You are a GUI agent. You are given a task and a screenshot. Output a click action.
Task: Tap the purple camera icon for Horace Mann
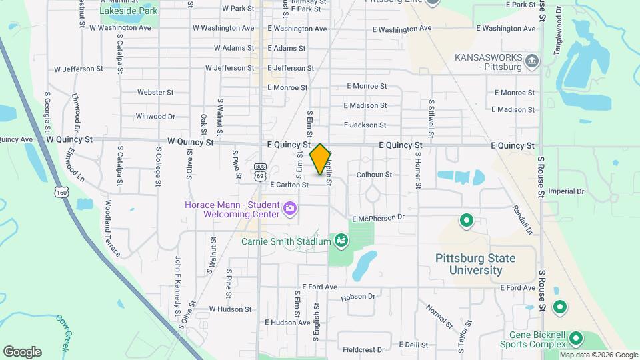[289, 209]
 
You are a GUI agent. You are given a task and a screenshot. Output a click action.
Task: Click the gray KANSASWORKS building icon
[532, 63]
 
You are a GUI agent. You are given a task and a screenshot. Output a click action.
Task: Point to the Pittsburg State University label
[475, 264]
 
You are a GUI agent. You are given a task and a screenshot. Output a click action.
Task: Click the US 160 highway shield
[61, 192]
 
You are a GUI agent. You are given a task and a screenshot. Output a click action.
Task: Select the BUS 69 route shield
[260, 171]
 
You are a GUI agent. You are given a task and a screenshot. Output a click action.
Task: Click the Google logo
[22, 352]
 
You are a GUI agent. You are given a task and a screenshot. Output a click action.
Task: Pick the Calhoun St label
[374, 174]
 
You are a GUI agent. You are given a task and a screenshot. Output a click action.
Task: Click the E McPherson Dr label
[378, 217]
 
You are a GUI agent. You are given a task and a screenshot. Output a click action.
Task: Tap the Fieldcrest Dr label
[364, 349]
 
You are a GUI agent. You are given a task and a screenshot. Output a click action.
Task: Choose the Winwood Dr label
[155, 116]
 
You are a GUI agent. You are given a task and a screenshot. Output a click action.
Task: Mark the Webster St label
[155, 92]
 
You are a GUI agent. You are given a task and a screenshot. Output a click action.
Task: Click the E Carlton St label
[289, 185]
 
